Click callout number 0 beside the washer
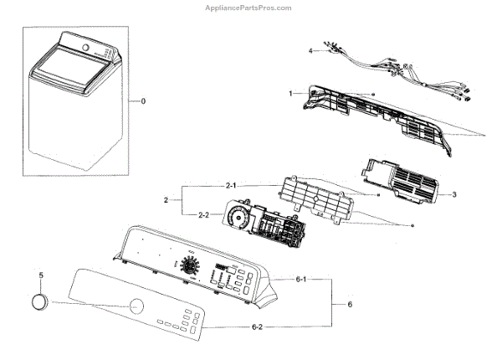[143, 101]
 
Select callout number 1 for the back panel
[290, 94]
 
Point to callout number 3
[453, 194]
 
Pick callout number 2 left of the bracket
[167, 201]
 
